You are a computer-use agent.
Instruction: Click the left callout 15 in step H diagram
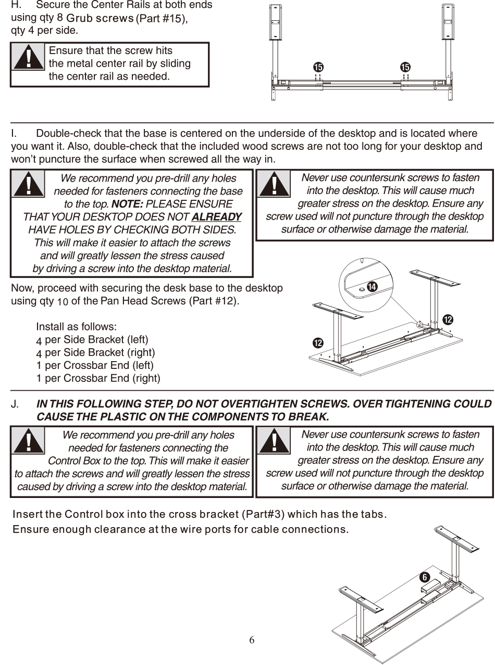click(318, 67)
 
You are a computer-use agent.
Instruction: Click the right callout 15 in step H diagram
click(405, 67)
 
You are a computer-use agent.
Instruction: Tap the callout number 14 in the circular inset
click(372, 287)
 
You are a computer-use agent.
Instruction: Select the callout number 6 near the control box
click(425, 578)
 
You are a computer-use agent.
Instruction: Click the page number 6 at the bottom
click(252, 640)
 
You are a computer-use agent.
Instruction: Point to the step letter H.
click(15, 5)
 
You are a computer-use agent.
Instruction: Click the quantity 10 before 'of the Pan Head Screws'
click(63, 302)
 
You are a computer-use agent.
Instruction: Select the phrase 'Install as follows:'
click(76, 327)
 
